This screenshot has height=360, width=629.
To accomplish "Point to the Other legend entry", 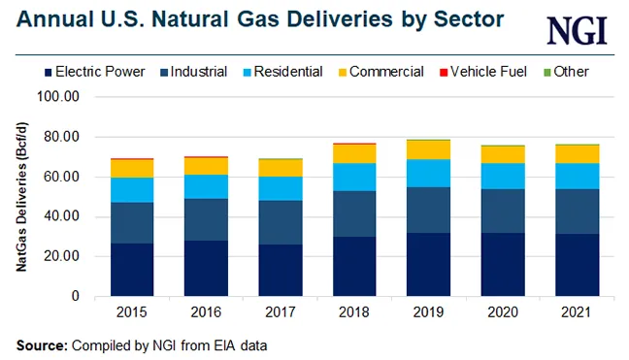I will point(569,71).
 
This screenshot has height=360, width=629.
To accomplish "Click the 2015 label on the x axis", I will point(132,313).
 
